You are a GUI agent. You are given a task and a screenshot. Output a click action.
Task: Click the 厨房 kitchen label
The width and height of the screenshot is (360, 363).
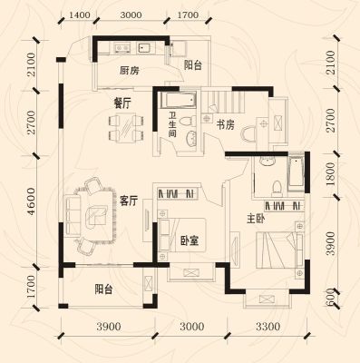pos(130,71)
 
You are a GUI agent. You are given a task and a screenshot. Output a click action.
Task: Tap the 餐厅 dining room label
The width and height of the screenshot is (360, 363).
pos(122,103)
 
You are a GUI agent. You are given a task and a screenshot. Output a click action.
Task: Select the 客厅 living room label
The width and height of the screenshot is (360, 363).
pos(129,201)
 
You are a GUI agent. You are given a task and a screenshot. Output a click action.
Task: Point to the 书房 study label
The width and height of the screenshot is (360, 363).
pos(225,124)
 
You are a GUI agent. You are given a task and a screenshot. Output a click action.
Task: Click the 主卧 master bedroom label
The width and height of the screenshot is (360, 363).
pos(256,219)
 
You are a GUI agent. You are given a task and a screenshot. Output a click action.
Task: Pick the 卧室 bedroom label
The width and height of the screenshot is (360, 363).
pos(190,240)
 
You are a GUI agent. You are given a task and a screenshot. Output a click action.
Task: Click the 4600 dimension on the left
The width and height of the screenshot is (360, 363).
pos(31,201)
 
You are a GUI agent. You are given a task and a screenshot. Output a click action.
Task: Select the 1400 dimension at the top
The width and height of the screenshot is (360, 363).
pos(80,15)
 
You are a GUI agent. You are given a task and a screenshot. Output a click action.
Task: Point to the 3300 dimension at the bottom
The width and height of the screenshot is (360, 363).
pos(268,327)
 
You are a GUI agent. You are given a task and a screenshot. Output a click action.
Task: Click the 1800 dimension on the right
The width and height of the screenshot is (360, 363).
pos(330,174)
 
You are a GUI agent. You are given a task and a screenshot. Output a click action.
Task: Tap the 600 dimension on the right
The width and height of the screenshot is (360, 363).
pos(331,297)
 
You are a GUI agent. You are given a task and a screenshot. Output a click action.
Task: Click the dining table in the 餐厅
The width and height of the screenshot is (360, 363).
pos(125,127)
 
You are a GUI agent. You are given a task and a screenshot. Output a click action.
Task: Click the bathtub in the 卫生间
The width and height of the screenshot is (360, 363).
pos(179,100)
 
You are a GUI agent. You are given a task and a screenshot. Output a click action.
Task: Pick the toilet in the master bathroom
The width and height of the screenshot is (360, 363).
pos(276,187)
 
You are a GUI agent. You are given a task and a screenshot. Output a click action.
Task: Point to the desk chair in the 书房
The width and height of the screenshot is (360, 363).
pos(249,134)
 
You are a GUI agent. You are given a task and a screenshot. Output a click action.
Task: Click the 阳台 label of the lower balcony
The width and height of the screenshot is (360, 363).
pos(103,289)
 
